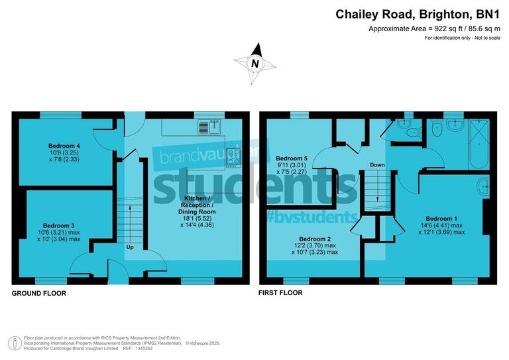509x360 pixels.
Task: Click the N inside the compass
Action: click(x=254, y=64)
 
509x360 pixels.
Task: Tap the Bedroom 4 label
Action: click(x=64, y=145)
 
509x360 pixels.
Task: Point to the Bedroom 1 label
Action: click(x=441, y=219)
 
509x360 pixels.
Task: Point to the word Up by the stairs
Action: click(x=131, y=247)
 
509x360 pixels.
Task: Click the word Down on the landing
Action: click(x=377, y=164)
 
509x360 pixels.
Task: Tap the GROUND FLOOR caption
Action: click(x=39, y=292)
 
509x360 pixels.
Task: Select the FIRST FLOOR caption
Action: click(x=281, y=292)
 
